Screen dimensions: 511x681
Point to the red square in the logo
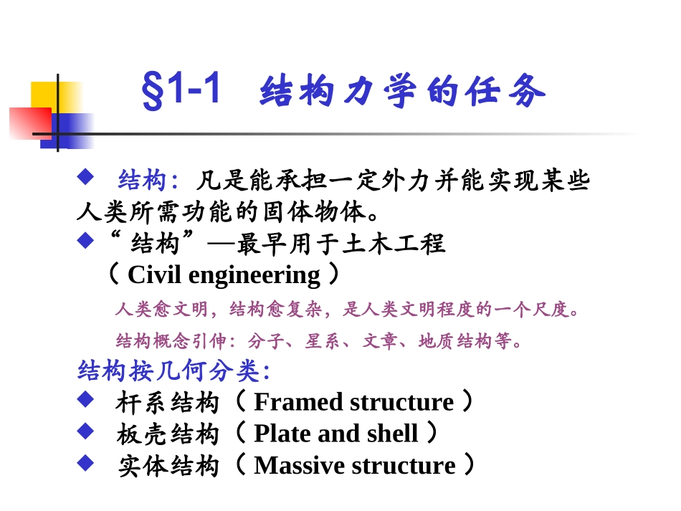point(29,123)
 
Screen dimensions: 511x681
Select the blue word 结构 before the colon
point(141,180)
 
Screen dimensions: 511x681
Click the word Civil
point(150,275)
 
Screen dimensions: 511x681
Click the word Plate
point(280,434)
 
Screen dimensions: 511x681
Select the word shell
point(392,434)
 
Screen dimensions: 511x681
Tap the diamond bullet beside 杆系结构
point(85,399)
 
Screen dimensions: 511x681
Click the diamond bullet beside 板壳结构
point(85,431)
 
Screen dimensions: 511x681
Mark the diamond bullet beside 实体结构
point(85,462)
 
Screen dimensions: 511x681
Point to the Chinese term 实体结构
point(168,466)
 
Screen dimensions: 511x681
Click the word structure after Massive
point(404,465)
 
